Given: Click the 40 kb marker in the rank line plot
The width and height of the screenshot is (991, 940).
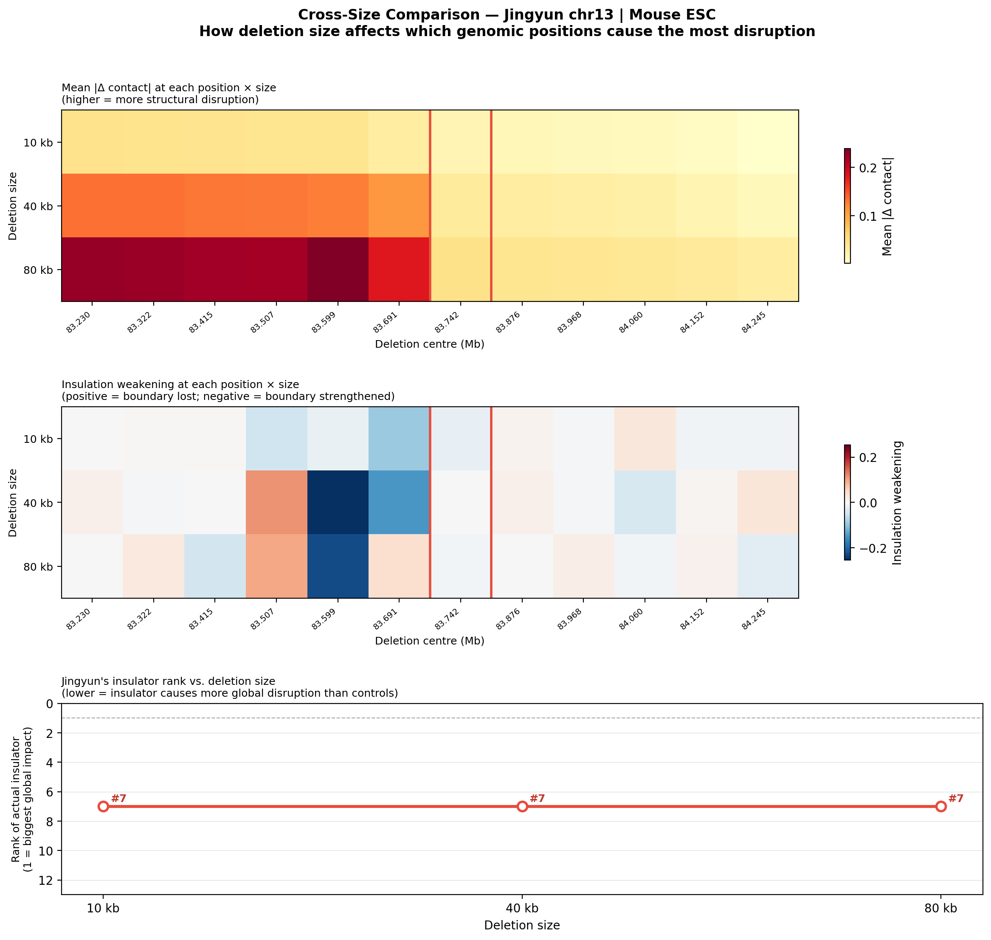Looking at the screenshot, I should point(522,806).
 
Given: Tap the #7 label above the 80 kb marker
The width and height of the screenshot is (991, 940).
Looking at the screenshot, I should point(956,798).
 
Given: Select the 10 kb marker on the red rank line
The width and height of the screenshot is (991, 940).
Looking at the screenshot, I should point(103,806).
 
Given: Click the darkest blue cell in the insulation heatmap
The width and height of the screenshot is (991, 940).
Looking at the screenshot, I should point(338,502).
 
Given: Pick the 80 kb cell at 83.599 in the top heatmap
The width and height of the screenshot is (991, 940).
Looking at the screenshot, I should point(338,269).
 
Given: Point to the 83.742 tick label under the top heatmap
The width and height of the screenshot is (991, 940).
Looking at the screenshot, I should point(448,321).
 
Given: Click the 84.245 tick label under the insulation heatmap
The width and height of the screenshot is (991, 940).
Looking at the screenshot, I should point(755,618).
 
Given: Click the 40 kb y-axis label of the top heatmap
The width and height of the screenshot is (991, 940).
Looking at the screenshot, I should point(38,206).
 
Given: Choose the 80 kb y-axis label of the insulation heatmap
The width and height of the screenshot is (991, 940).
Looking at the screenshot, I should point(38,566).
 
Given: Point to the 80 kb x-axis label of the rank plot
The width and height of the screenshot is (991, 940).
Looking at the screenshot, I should point(940,907).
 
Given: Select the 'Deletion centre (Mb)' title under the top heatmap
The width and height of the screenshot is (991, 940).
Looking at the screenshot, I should point(429,344).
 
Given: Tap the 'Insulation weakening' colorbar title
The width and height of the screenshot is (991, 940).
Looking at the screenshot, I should point(897,503).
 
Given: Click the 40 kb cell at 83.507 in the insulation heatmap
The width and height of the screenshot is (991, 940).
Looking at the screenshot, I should point(276,502).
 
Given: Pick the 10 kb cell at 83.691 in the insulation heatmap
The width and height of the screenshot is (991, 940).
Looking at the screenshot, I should point(399,439).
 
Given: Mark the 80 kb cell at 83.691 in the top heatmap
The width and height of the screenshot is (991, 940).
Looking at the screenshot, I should point(399,269).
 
